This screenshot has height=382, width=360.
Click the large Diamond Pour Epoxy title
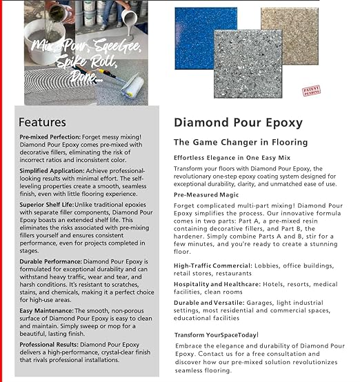(238, 123)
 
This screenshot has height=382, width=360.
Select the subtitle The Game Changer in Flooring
(233, 142)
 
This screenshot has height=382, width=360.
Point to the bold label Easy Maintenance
(46, 311)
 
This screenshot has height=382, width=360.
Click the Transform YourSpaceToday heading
(216, 335)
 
